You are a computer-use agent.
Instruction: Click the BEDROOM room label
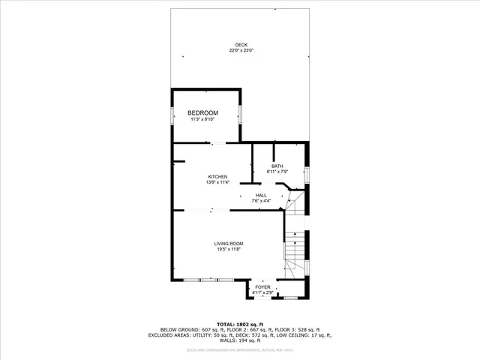[x=202, y=112]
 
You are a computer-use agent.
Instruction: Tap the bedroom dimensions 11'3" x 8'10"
[x=202, y=119]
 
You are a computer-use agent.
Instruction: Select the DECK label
[x=241, y=45]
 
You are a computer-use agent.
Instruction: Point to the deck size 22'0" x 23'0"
[x=241, y=50]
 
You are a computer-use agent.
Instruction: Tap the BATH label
[x=277, y=166]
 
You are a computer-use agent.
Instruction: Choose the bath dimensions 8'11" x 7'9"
[x=277, y=172]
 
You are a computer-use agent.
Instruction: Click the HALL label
[x=261, y=195]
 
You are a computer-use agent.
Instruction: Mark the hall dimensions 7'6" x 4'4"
[x=261, y=200]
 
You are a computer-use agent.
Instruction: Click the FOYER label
[x=262, y=287]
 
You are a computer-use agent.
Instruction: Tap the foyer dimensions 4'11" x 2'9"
[x=262, y=292]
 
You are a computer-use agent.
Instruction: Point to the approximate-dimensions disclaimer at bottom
[x=240, y=350]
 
